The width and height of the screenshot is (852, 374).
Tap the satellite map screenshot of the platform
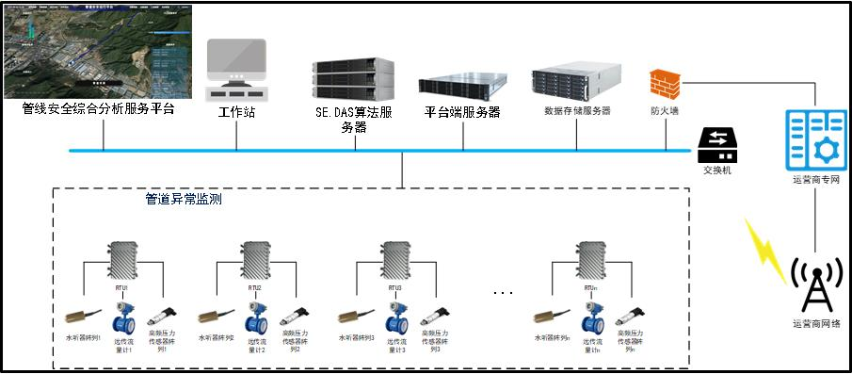98,51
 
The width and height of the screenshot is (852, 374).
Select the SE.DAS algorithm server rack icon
353,79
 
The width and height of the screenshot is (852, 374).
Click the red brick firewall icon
666,82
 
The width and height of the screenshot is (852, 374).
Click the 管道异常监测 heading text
184,200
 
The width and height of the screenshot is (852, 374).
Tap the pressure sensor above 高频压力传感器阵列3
434,316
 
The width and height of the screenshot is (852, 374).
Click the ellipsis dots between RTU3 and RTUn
504,293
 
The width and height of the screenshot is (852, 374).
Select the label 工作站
236,112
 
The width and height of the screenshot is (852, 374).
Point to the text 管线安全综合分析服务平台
98,109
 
